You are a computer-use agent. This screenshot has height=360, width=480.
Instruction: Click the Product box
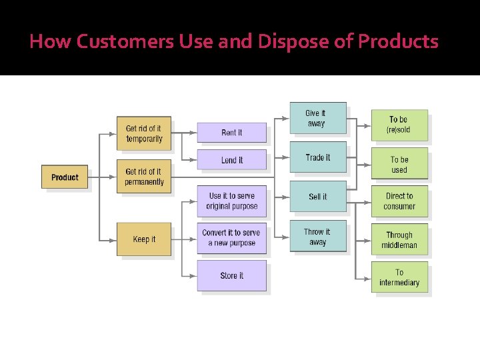[65, 177]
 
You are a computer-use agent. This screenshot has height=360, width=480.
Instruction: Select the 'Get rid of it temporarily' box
[144, 133]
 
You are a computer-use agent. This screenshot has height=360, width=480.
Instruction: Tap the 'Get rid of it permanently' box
[144, 177]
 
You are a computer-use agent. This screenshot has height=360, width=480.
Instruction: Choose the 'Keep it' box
[144, 239]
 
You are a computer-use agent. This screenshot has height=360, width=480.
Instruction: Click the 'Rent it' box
[231, 133]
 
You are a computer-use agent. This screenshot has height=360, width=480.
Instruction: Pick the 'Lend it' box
[231, 160]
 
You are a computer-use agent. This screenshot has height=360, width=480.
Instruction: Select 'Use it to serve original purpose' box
[231, 201]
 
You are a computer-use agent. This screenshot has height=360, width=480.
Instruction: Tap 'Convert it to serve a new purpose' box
[231, 238]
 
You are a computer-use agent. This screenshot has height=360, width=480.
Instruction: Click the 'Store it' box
[231, 275]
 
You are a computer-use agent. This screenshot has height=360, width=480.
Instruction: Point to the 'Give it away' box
[317, 118]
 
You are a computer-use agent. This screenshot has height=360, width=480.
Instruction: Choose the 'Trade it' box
[317, 157]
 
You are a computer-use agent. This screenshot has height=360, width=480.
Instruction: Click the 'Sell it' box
[317, 197]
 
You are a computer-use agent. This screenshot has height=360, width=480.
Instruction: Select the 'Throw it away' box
[317, 237]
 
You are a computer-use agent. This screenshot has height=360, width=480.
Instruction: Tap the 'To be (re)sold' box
[399, 125]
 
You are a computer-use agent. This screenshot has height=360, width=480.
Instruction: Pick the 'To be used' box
[399, 165]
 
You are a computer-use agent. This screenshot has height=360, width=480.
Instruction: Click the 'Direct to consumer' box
[399, 201]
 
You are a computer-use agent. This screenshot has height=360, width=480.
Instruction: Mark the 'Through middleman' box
[399, 240]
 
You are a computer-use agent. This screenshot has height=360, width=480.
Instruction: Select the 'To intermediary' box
[399, 277]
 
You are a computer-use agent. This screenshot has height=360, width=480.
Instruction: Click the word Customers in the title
[125, 42]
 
